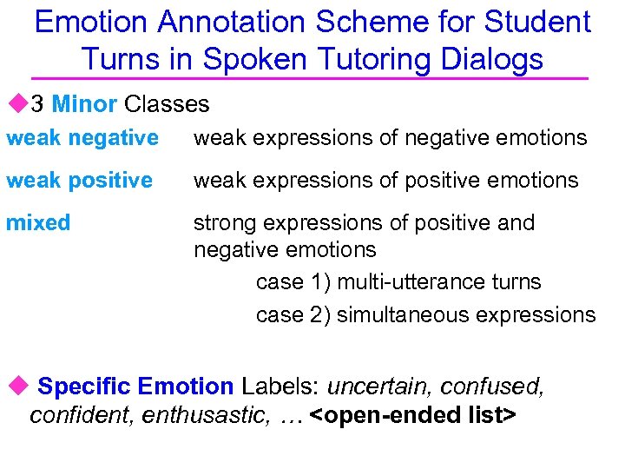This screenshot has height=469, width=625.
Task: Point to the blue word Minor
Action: click(x=84, y=104)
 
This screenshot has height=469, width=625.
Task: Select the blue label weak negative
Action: click(x=82, y=137)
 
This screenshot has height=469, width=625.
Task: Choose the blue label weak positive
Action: click(x=79, y=180)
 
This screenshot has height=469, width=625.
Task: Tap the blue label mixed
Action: click(x=38, y=222)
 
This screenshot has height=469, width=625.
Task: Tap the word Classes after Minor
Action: click(x=167, y=104)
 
